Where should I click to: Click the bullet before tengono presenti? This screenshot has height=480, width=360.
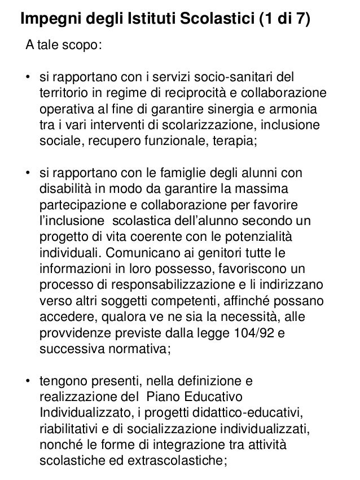pyautogui.click(x=27, y=381)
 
